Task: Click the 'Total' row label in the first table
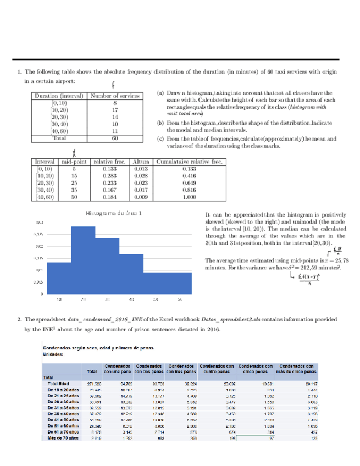[x=58, y=139]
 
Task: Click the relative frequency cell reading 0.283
[x=109, y=176]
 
